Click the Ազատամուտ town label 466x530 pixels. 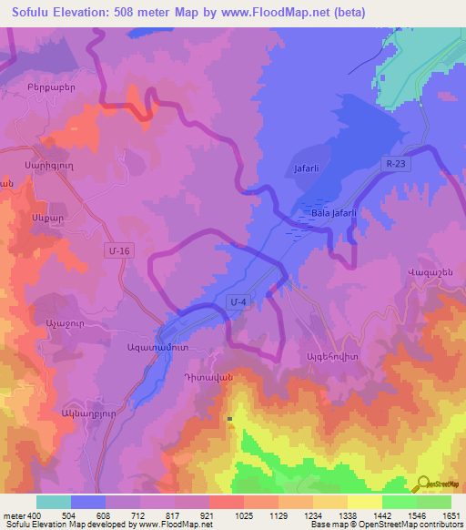[x=139, y=348]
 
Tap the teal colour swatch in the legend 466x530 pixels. [x=54, y=502]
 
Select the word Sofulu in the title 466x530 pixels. [x=35, y=13]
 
